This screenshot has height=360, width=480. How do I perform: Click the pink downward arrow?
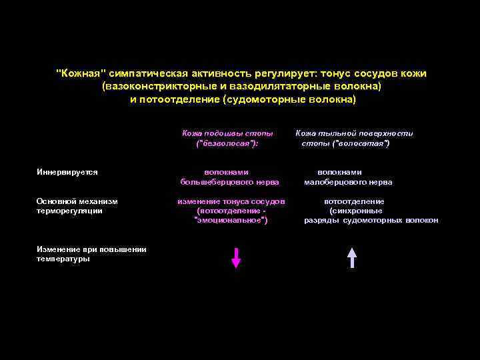[x=235, y=257]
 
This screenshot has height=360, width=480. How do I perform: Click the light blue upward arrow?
[x=352, y=257]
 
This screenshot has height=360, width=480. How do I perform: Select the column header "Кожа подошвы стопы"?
[x=227, y=133]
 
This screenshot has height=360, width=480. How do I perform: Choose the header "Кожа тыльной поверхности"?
[x=355, y=133]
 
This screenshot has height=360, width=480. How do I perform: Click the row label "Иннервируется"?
[x=67, y=172]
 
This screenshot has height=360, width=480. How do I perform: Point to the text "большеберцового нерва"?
[x=229, y=182]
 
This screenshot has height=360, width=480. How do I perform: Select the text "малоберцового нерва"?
[x=348, y=182]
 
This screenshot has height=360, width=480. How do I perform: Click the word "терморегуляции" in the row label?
[x=69, y=211]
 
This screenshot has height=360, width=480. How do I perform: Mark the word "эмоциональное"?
[x=230, y=220]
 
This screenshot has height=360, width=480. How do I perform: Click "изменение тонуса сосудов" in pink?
[x=231, y=201]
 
